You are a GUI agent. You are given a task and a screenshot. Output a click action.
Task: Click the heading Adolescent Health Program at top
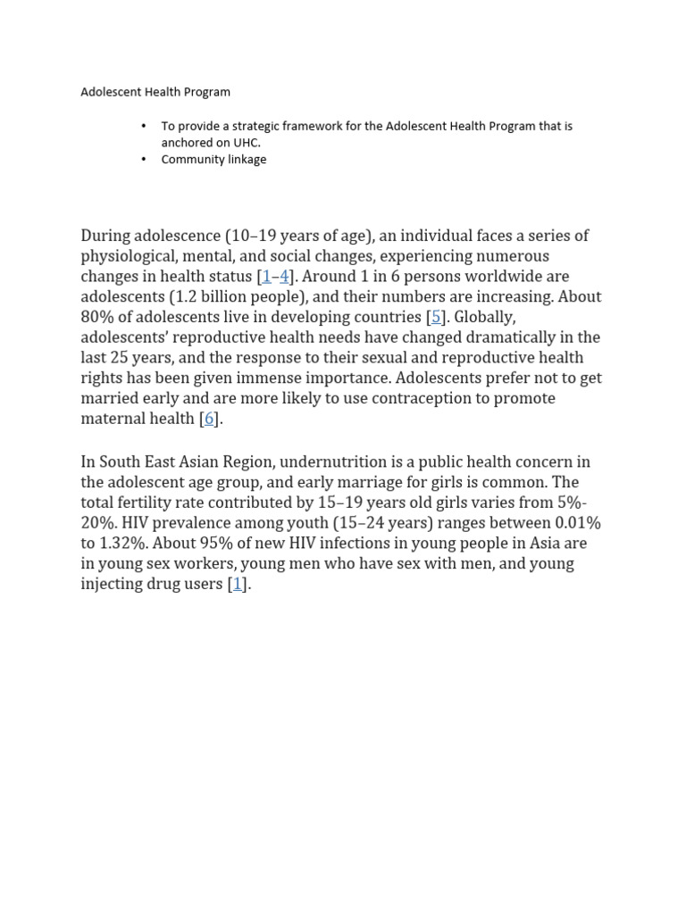[x=155, y=92]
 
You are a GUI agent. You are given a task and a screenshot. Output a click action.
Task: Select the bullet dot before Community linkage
[x=143, y=160]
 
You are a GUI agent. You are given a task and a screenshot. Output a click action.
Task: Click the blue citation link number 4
[x=284, y=277]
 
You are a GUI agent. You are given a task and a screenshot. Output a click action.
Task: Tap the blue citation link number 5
[x=436, y=317]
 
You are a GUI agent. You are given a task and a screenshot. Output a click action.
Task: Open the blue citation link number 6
[x=209, y=419]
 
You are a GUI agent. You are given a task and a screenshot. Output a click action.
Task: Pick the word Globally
[x=484, y=317]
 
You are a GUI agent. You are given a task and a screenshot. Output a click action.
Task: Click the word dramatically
[x=518, y=337]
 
